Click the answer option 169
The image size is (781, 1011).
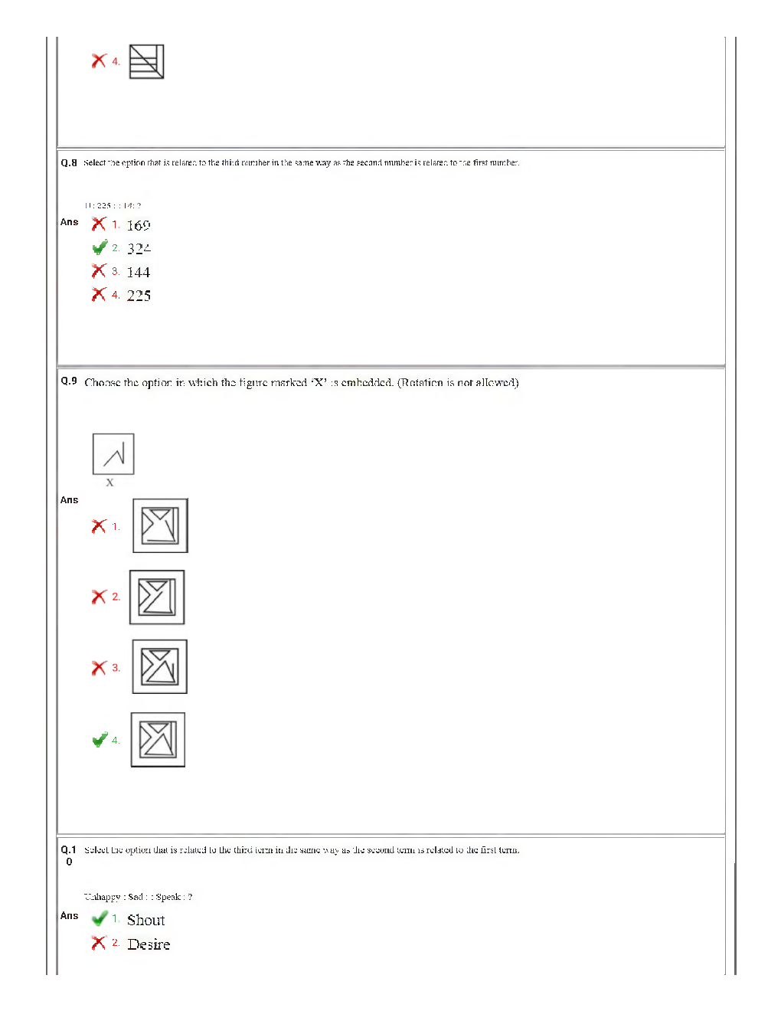[x=139, y=225]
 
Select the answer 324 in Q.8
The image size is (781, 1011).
[x=139, y=249]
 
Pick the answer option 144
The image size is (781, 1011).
[x=139, y=273]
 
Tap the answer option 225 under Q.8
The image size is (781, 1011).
[x=139, y=296]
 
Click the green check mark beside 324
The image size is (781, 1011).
[x=100, y=247]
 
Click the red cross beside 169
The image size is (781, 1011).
[x=99, y=224]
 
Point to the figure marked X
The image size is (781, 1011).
[x=113, y=454]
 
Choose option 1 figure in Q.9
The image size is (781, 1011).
[x=160, y=526]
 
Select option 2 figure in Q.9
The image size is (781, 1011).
[x=157, y=597]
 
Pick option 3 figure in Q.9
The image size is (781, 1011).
[x=159, y=667]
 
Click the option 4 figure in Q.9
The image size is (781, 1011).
[x=158, y=740]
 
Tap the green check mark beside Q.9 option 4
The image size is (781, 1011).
[x=100, y=740]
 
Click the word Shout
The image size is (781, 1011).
[x=145, y=921]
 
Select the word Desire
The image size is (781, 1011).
[x=149, y=944]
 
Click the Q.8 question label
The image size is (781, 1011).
[x=69, y=163]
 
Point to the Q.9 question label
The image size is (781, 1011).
[x=69, y=381]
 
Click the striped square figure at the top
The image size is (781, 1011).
[x=146, y=61]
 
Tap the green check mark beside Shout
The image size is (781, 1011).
[x=100, y=918]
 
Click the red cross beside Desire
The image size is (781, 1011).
[x=99, y=943]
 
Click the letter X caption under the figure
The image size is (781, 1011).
[x=109, y=483]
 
